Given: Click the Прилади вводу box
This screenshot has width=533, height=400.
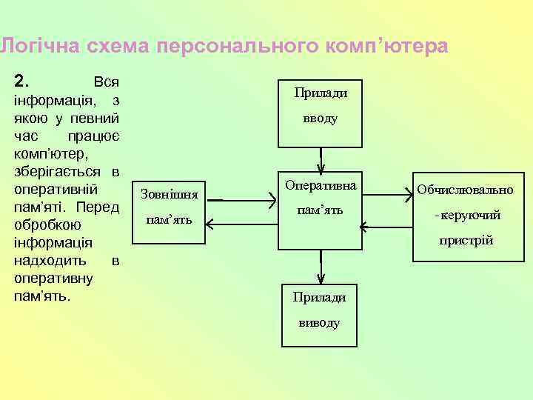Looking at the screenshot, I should pos(321,113).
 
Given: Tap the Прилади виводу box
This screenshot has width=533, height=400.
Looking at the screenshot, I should pos(319,314).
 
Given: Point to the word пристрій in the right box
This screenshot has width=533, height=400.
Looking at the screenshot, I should pos(466,241).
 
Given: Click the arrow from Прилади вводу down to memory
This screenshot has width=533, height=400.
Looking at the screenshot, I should pos(321,160).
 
